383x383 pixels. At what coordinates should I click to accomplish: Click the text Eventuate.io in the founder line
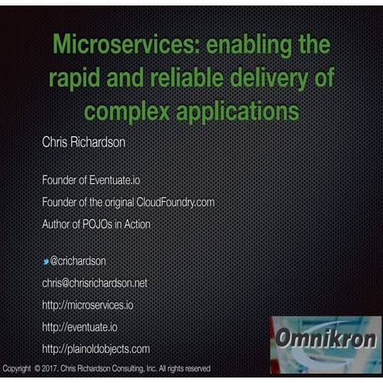(x=112, y=180)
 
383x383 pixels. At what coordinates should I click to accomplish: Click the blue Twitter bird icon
(x=46, y=261)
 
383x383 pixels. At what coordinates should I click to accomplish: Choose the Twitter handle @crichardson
(x=78, y=261)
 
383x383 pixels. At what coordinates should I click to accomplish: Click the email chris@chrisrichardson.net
(x=94, y=283)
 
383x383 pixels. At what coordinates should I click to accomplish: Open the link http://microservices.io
(x=87, y=305)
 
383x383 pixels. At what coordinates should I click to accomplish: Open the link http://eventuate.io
(x=80, y=327)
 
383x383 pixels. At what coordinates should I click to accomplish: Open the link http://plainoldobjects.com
(x=96, y=348)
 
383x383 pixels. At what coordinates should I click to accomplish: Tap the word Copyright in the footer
(x=17, y=368)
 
